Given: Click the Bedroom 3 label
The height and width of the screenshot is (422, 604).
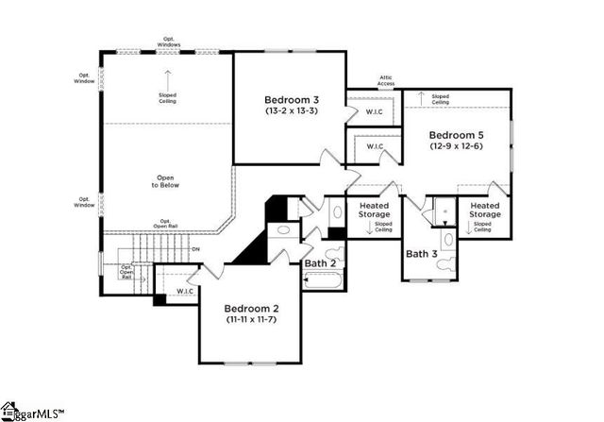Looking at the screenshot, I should tap(290, 99).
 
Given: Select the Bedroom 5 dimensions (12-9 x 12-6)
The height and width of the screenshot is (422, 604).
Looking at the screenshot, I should tap(456, 146).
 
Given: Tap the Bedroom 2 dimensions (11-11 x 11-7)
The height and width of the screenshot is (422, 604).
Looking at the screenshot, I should tap(250, 320).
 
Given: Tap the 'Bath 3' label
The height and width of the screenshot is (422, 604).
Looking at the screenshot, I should tap(420, 253).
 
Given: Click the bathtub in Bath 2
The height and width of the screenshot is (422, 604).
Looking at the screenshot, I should tap(327, 279).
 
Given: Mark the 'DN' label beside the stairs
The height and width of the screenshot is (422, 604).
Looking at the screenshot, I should tap(195, 248).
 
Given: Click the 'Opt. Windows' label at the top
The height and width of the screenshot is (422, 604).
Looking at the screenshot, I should tap(168, 42).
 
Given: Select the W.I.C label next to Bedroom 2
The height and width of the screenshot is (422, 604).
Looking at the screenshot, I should tap(186, 291).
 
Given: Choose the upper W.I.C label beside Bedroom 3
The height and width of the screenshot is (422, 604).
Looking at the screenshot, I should tap(374, 111).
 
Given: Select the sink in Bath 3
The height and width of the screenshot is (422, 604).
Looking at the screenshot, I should tap(447, 238).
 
